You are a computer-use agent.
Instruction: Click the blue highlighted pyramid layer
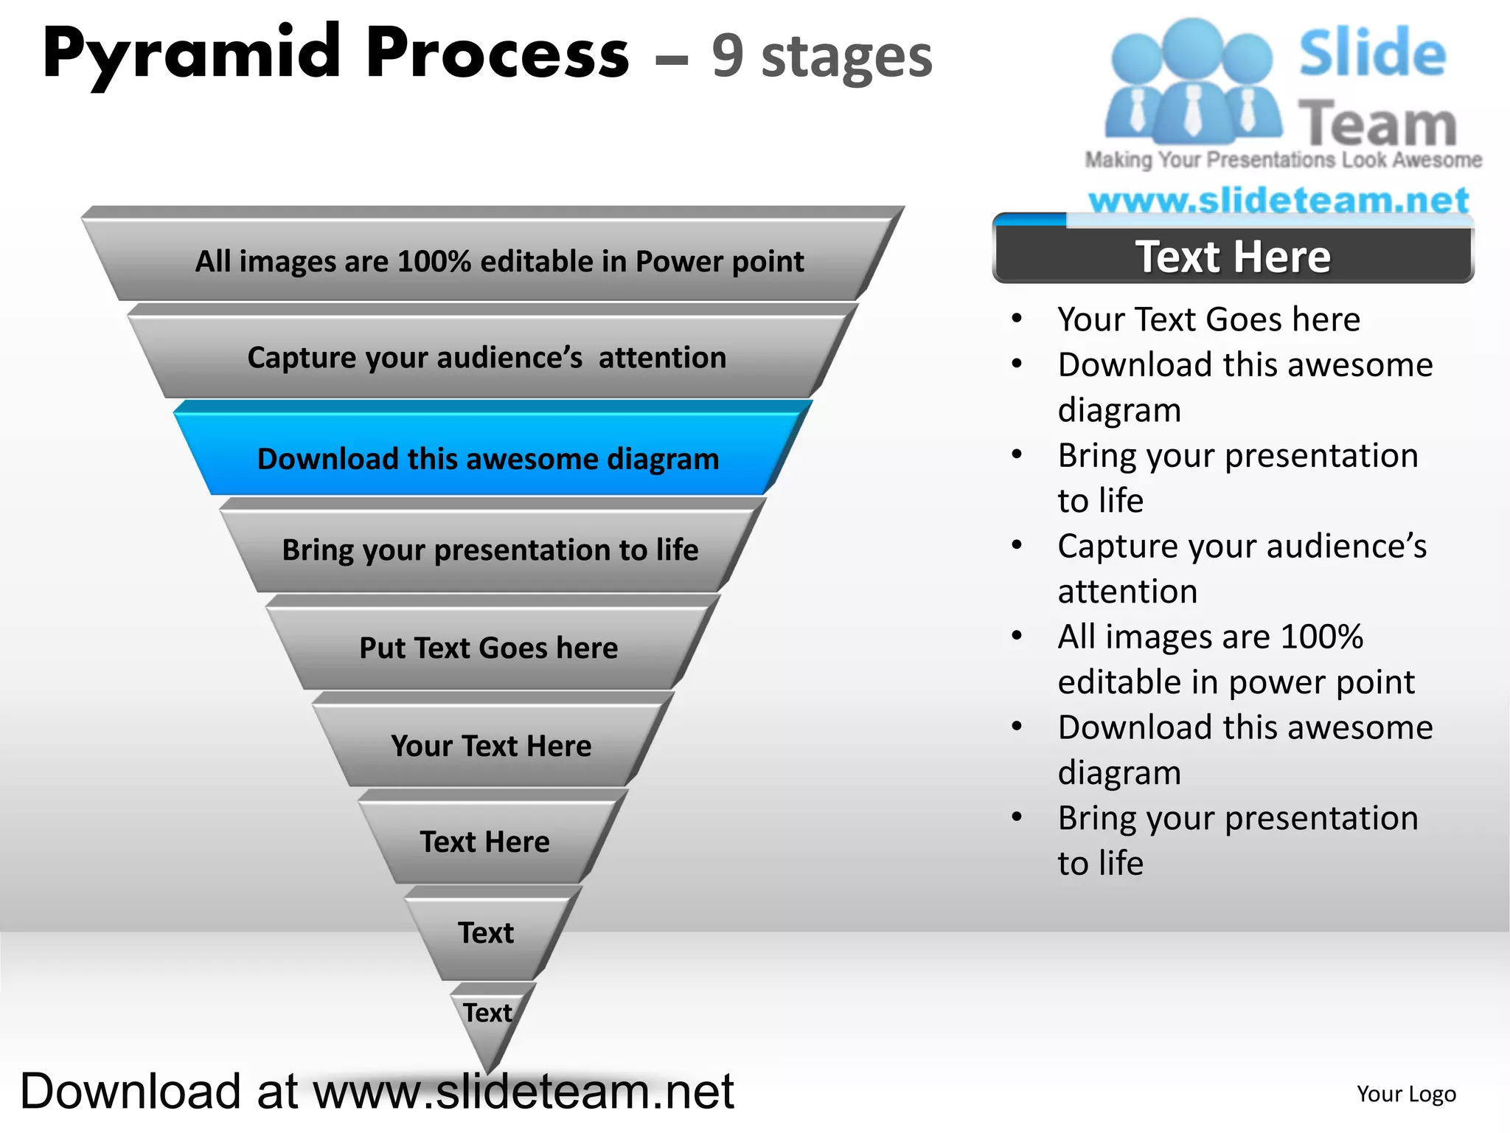(x=488, y=458)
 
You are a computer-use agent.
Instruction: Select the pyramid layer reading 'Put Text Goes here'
(x=488, y=648)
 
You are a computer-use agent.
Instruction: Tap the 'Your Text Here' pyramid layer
(x=491, y=746)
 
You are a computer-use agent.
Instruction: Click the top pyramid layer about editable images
(x=498, y=261)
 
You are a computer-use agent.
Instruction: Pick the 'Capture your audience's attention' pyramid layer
(x=487, y=358)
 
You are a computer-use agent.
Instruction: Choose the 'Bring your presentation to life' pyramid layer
(x=490, y=550)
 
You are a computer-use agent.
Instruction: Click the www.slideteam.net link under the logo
(x=1278, y=200)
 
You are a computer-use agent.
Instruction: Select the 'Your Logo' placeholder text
(x=1406, y=1094)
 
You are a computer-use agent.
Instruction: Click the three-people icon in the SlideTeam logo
(x=1191, y=81)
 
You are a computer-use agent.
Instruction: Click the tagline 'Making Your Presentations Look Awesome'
(x=1283, y=159)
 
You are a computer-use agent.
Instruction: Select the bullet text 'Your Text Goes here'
(x=1208, y=319)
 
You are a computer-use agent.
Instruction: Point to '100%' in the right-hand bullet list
(x=1322, y=637)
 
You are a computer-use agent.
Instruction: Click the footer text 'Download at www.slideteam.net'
(x=377, y=1091)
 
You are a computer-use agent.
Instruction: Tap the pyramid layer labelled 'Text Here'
(x=485, y=842)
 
